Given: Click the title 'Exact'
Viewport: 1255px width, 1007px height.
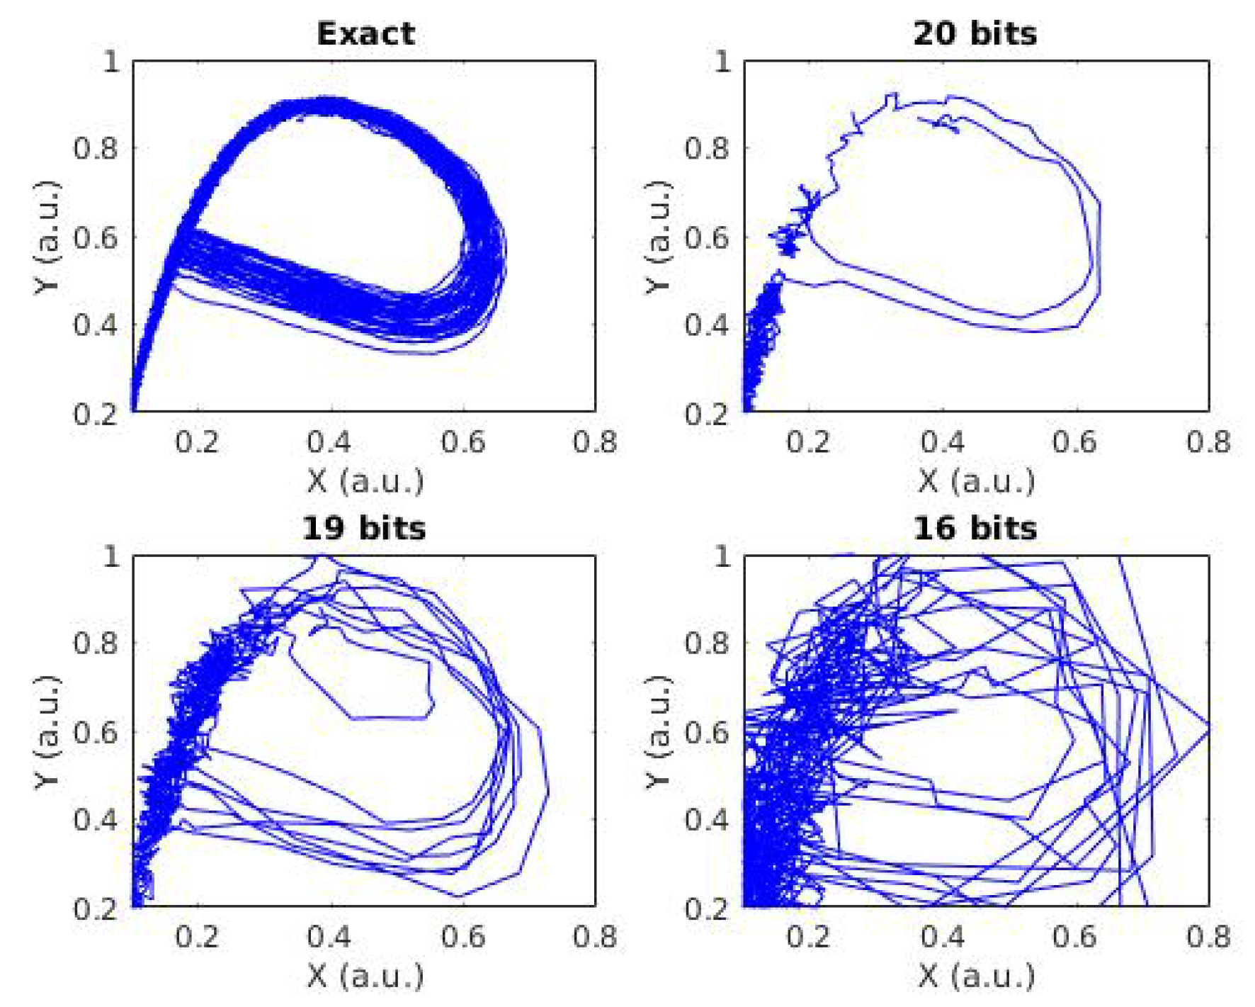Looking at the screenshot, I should (365, 33).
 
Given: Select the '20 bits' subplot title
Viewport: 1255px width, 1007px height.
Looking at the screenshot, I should (975, 33).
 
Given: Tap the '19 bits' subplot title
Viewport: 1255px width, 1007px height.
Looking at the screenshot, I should (364, 528).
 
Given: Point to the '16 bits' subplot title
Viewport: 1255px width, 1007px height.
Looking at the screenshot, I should (975, 528).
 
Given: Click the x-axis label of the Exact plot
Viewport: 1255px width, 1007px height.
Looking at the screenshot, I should (365, 481).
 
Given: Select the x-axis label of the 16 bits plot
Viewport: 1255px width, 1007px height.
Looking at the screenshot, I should (976, 976).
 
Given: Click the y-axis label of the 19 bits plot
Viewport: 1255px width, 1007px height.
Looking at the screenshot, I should (47, 731).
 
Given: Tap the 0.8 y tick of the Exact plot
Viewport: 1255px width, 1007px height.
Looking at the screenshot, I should (96, 149).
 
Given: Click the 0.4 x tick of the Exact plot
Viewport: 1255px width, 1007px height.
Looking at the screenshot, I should (329, 442).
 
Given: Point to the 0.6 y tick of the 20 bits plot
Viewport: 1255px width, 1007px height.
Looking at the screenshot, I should (706, 237).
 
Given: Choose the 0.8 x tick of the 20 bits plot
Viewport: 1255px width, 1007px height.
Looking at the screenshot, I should (1208, 442).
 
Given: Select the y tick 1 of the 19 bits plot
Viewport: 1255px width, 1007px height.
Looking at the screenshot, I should (110, 556).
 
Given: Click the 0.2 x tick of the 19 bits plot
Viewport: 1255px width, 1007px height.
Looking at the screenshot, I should (197, 937).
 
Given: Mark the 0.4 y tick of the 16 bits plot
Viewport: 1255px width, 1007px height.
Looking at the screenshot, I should (706, 820).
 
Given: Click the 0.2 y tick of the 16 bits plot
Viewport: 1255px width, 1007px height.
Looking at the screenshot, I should (706, 908).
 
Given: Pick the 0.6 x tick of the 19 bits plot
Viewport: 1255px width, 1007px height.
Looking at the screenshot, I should (462, 937).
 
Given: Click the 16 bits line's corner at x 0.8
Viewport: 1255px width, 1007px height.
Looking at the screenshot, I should (1208, 726).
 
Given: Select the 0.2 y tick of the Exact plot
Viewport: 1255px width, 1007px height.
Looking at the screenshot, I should (96, 413).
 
